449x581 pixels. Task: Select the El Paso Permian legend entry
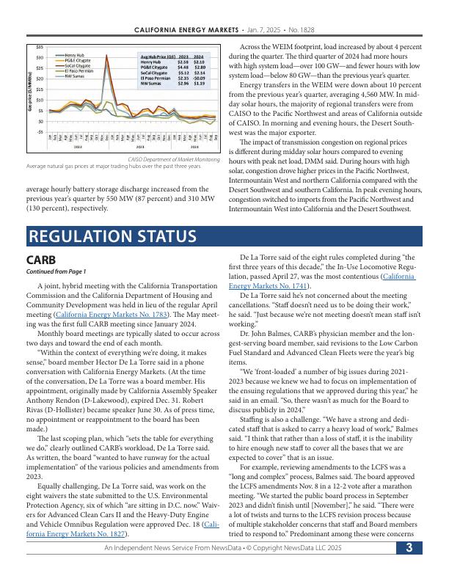click(x=79, y=70)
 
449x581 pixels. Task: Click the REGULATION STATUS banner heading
click(x=112, y=236)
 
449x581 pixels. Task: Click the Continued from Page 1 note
click(x=56, y=271)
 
